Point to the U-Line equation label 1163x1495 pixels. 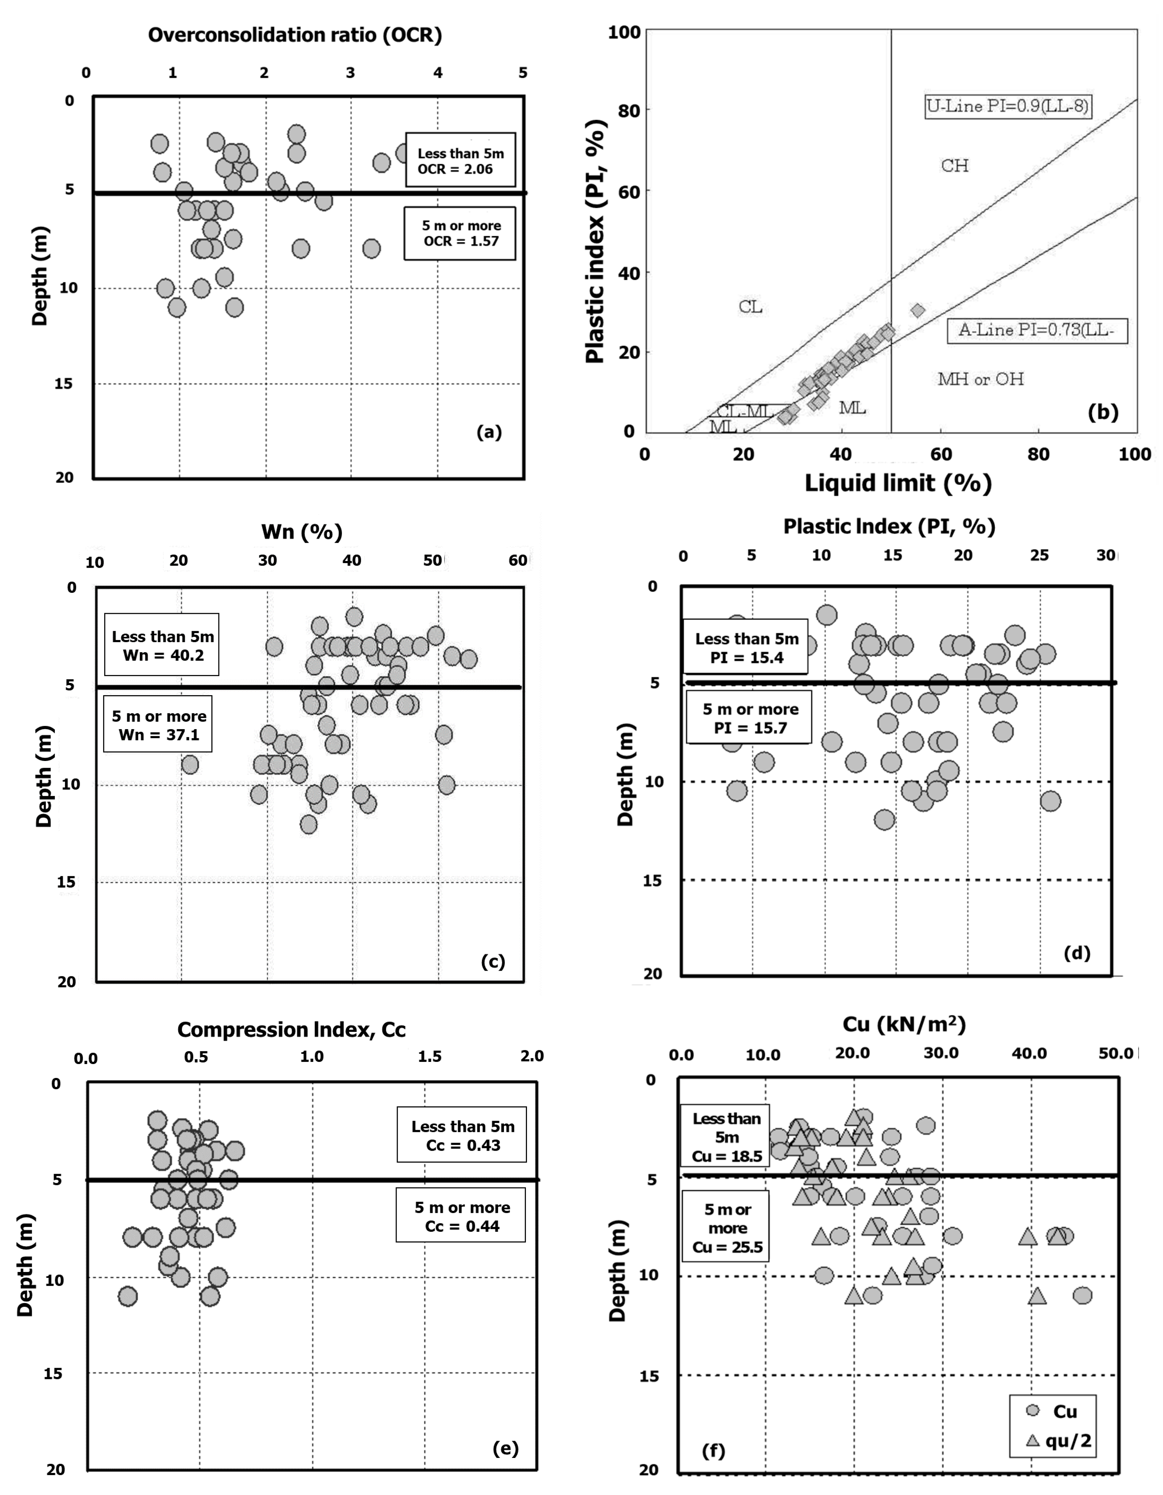1007,106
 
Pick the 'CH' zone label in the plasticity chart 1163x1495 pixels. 954,166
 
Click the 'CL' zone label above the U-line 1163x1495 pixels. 750,307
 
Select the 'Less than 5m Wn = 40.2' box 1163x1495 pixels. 162,645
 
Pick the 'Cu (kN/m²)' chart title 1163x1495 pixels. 904,1024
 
